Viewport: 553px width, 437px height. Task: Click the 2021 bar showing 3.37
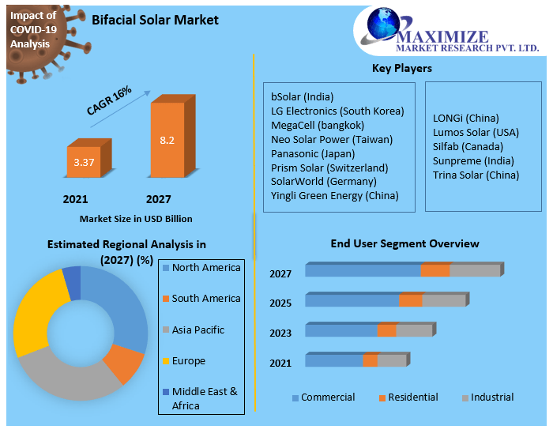pos(83,163)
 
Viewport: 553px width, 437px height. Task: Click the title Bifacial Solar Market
pos(155,20)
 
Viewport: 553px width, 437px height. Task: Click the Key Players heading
pos(401,69)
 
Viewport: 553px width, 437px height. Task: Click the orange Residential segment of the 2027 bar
pos(434,271)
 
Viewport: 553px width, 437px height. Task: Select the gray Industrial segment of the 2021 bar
pos(390,360)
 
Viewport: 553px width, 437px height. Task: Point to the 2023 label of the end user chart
pos(280,333)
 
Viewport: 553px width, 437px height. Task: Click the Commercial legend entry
pos(323,397)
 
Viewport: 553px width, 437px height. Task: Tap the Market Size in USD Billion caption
pos(136,219)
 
